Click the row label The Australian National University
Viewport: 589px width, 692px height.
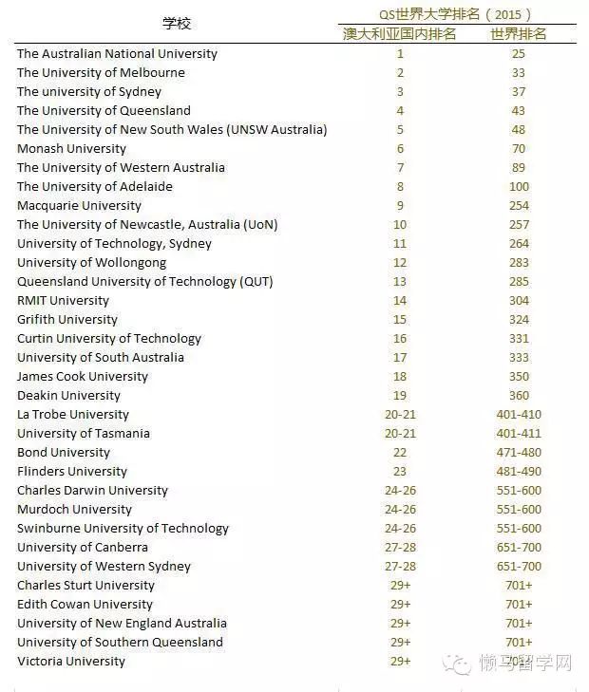117,54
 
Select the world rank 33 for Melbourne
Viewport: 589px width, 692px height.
518,73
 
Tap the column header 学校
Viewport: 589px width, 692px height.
177,24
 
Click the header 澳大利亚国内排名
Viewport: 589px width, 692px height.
400,34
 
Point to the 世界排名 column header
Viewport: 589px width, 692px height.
518,34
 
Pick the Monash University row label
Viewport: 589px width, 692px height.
71,149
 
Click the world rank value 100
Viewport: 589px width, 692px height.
518,187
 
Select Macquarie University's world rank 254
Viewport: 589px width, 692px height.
518,206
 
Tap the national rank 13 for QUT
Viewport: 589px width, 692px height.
400,282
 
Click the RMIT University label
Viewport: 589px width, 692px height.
63,301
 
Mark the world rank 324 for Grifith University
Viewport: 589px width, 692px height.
518,320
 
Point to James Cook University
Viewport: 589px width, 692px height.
83,377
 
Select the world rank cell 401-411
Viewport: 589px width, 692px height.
518,434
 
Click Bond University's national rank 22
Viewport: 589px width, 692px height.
400,453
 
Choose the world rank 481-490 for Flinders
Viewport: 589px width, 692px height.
518,472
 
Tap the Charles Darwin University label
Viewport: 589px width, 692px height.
92,491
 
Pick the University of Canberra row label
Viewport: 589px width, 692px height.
83,548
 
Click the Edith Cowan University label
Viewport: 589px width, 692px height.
85,605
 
